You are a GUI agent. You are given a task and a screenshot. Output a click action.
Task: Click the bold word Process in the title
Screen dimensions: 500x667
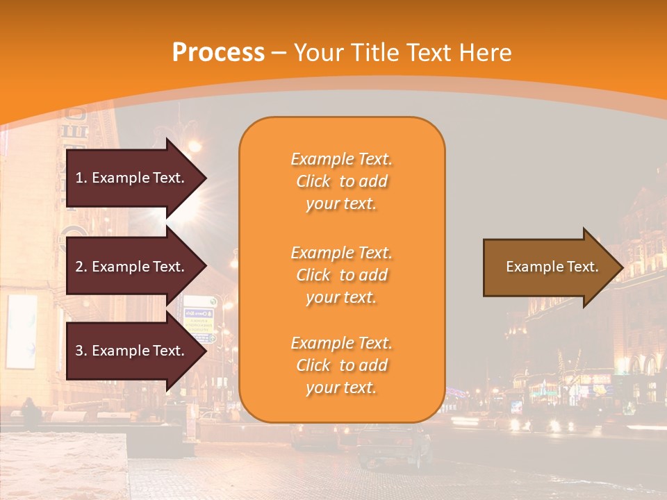[x=218, y=53]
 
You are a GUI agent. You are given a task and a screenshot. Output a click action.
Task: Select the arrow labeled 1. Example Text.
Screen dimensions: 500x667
[x=132, y=178]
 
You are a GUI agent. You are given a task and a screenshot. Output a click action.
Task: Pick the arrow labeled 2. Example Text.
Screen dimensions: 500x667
[x=132, y=267]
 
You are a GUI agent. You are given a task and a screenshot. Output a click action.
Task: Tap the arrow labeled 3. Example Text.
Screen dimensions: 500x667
[x=132, y=351]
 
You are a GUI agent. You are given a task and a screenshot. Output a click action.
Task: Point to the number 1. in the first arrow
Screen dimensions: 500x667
[x=81, y=178]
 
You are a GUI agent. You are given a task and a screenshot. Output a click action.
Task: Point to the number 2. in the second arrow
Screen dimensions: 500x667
[x=81, y=267]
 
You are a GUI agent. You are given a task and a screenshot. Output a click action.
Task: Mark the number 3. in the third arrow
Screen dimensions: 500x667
[x=81, y=351]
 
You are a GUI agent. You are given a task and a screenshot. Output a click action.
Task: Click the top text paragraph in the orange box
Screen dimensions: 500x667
[x=341, y=181]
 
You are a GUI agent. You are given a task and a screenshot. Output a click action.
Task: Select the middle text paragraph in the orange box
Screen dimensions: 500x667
[x=341, y=275]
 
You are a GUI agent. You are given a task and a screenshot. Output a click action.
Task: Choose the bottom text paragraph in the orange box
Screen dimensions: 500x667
[x=341, y=365]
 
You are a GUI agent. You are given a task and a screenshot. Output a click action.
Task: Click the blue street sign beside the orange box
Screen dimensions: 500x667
[x=201, y=320]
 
